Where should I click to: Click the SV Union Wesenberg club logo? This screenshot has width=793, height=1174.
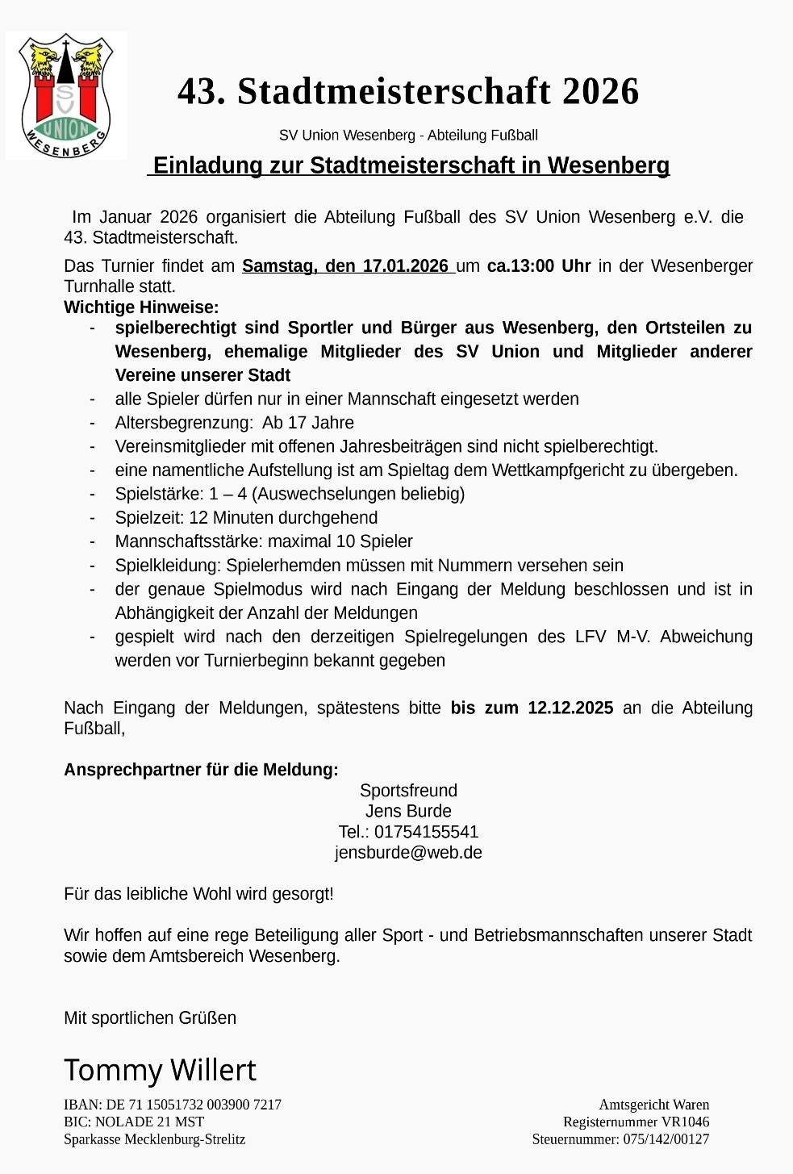[x=66, y=95]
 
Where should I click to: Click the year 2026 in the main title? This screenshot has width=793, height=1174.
[x=600, y=92]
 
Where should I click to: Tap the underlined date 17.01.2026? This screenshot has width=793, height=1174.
[x=405, y=266]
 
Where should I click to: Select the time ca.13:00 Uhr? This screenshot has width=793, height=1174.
[x=538, y=266]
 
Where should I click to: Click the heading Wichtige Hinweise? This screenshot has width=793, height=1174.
[x=141, y=307]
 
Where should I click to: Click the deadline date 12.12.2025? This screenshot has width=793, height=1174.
[x=570, y=708]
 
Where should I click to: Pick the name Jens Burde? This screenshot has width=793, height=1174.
[x=408, y=812]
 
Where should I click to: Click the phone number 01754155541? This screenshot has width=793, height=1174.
[x=426, y=832]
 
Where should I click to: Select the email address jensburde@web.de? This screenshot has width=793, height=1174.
[x=408, y=853]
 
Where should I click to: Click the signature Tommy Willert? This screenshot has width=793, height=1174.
[x=160, y=1071]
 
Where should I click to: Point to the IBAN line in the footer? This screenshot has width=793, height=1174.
[x=173, y=1105]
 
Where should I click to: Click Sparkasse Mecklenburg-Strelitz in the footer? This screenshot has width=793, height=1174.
[x=154, y=1139]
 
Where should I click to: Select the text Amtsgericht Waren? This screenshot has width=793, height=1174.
[x=653, y=1105]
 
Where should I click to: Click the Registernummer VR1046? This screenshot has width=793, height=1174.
[x=636, y=1122]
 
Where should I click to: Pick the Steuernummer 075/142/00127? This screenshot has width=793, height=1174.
[x=620, y=1139]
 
